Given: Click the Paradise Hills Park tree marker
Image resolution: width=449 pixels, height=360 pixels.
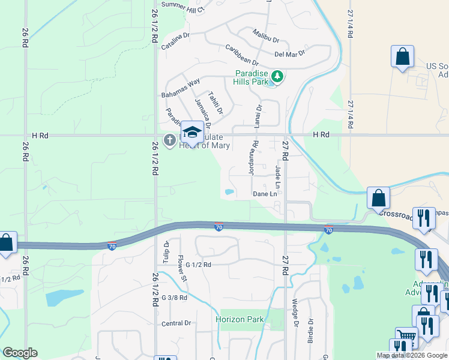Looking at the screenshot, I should (277, 76).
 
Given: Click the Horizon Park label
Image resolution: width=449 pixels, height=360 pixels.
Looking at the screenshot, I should (240, 319).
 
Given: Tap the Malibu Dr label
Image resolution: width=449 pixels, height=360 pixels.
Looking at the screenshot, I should (266, 35).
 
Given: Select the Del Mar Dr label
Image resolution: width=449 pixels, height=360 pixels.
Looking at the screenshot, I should (290, 53).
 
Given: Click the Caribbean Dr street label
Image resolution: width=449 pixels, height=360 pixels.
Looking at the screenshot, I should (242, 54).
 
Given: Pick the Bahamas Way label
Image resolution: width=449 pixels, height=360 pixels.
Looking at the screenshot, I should (181, 88).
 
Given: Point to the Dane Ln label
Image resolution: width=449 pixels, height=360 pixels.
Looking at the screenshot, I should (265, 194).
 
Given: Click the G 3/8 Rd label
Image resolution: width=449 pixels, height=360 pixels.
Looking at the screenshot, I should (174, 298).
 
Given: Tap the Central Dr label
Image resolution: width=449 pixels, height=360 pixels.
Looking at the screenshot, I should (176, 323).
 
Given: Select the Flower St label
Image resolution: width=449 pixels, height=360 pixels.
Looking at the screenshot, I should (182, 268).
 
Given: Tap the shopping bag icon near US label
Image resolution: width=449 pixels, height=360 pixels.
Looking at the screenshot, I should (403, 57).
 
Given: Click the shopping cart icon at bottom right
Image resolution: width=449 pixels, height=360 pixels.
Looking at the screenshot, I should (406, 337).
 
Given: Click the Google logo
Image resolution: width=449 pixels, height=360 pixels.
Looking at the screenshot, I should (20, 353).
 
